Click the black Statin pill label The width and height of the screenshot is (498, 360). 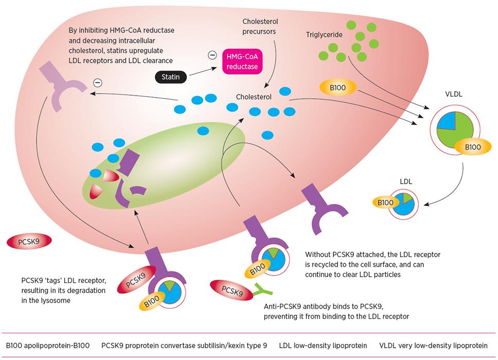pyautogui.click(x=171, y=77)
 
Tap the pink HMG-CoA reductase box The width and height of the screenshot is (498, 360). pyautogui.click(x=242, y=62)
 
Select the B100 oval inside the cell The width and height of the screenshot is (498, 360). pyautogui.click(x=337, y=87)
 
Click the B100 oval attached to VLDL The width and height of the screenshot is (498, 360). pyautogui.click(x=473, y=147)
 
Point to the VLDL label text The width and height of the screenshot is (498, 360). pyautogui.click(x=454, y=94)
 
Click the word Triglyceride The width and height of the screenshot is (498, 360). pyautogui.click(x=324, y=34)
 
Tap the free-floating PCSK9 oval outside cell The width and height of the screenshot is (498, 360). pyautogui.click(x=29, y=242)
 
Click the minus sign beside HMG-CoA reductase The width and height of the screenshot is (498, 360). pyautogui.click(x=212, y=55)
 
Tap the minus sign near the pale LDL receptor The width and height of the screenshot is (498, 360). pyautogui.click(x=98, y=83)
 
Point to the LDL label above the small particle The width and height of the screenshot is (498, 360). pyautogui.click(x=406, y=182)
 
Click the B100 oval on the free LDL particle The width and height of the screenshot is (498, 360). pyautogui.click(x=385, y=202)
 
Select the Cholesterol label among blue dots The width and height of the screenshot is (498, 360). pyautogui.click(x=254, y=97)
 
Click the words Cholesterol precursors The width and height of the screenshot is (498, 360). pyautogui.click(x=259, y=26)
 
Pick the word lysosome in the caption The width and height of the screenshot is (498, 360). pyautogui.click(x=56, y=300)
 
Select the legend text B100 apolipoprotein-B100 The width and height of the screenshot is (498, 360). pyautogui.click(x=48, y=346)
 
